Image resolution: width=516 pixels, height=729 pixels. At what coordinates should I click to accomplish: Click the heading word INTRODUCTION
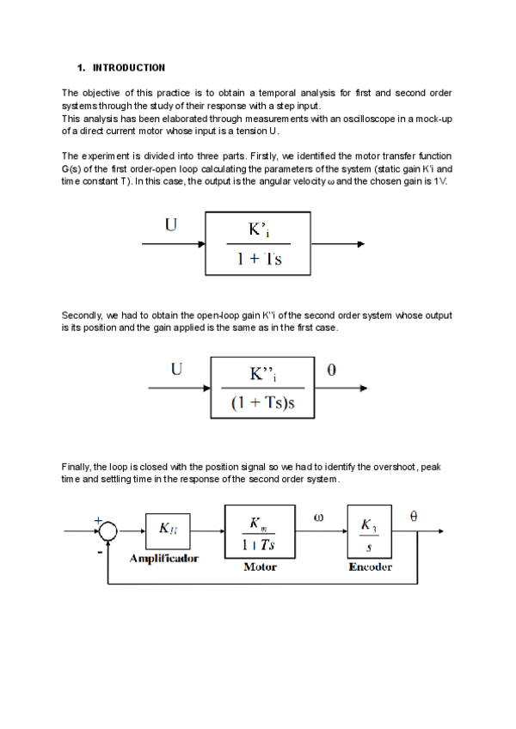point(128,67)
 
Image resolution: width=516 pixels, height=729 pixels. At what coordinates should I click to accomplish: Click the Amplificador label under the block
point(163,559)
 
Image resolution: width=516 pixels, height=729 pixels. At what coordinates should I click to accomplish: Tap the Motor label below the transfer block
point(259,567)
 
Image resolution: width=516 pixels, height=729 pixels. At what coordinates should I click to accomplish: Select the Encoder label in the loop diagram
point(370,567)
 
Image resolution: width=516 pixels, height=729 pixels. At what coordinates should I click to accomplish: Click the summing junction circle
point(107,531)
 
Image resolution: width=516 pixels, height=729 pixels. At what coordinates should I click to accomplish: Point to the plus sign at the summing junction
point(98,521)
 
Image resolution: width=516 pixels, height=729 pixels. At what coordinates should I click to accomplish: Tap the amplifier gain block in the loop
point(169,530)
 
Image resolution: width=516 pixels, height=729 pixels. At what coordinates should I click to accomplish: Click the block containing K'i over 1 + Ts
point(259,244)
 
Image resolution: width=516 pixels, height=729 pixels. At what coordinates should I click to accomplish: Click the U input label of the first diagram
point(171,226)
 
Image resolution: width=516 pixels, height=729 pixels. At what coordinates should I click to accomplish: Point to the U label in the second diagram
point(176,371)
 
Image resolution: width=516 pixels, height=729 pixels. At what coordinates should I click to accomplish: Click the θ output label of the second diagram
point(332,371)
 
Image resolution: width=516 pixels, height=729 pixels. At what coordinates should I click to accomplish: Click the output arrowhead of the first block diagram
point(363,244)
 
